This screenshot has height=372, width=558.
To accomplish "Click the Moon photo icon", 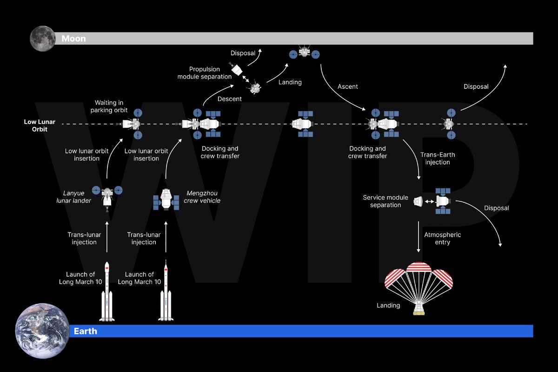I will point(42,39).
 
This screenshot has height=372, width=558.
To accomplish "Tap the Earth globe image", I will point(42,331).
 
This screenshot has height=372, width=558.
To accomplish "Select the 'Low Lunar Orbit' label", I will point(40,125).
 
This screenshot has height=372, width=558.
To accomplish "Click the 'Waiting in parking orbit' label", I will point(111,106).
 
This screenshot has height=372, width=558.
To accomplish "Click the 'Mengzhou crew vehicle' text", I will point(202,197).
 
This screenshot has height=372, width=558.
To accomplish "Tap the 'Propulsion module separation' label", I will point(205,73).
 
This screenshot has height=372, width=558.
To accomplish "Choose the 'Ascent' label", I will point(348,86).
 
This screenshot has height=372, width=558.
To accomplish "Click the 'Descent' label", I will point(230,99).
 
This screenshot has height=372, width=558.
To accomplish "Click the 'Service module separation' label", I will point(385,201).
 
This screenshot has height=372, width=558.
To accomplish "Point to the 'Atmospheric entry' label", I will point(443,239).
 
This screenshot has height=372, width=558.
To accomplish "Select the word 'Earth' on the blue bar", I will point(86,331).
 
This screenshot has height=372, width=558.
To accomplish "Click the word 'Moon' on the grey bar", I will point(73,39).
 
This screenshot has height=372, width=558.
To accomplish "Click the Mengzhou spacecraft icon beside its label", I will point(166,199).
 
